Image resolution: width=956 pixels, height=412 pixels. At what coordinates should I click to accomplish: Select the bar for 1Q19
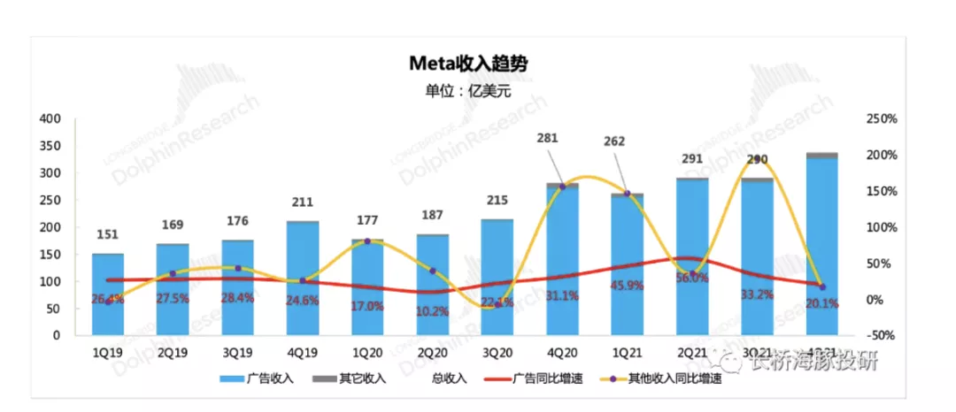coord(108,296)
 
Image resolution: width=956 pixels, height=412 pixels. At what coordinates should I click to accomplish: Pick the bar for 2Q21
coord(692,256)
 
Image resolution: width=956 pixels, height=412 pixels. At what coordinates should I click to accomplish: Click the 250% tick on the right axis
coord(882,118)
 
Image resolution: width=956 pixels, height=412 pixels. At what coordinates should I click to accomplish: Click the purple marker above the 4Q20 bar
coord(562,187)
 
